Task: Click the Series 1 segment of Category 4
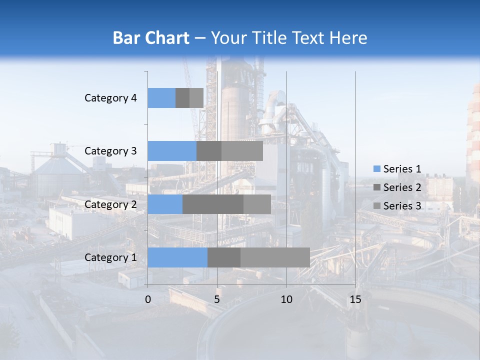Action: point(161,98)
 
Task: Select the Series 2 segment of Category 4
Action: point(182,98)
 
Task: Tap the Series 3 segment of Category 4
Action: point(196,98)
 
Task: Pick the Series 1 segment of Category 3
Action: point(172,151)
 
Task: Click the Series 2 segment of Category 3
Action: point(209,151)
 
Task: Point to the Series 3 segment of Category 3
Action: point(242,151)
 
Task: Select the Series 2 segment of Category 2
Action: point(213,204)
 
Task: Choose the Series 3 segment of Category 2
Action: point(257,204)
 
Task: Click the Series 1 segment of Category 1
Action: point(177,257)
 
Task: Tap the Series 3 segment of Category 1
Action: point(275,257)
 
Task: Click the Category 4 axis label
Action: point(110,98)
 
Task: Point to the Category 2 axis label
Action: point(110,204)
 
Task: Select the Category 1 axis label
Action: point(110,257)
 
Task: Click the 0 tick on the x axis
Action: point(148,299)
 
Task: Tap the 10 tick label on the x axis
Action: point(286,299)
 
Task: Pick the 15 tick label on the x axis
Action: point(355,299)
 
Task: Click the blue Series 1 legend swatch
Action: point(376,169)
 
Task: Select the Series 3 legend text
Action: point(402,206)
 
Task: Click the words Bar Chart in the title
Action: point(151,38)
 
